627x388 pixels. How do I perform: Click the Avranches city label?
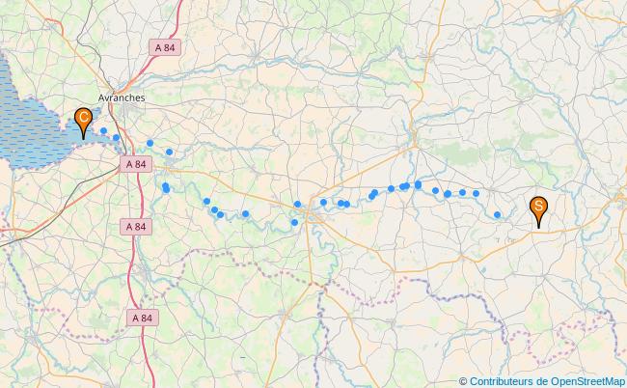click(x=122, y=97)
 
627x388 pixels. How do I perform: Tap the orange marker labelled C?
click(x=84, y=120)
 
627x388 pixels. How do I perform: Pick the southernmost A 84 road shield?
click(x=142, y=318)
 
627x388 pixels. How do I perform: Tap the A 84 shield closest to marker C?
click(x=136, y=164)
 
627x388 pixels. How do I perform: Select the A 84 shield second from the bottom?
click(x=137, y=226)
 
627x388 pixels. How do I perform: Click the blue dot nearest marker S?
click(x=497, y=215)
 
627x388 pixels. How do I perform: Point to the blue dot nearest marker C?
click(x=103, y=131)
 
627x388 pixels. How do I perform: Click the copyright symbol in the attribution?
click(x=463, y=381)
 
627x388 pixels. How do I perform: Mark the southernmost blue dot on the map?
click(x=294, y=223)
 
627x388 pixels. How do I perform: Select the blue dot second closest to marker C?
click(x=116, y=138)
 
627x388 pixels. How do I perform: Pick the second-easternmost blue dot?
click(x=476, y=193)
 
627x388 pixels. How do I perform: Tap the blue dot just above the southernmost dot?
click(x=298, y=204)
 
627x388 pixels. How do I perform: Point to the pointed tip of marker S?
click(x=538, y=227)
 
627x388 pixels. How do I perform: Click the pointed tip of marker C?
click(x=84, y=139)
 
